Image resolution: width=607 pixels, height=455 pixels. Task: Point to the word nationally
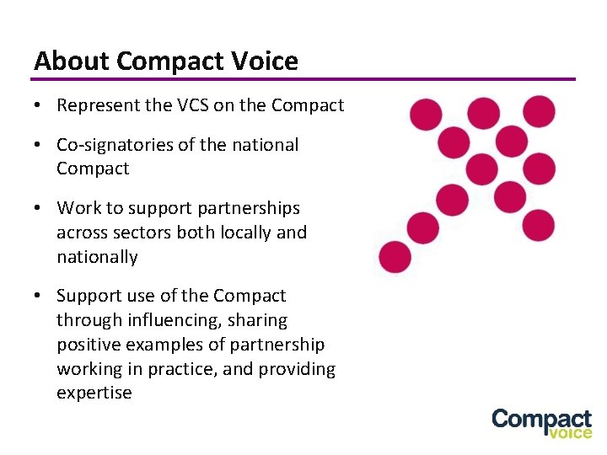96,256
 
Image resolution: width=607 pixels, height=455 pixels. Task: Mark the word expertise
94,393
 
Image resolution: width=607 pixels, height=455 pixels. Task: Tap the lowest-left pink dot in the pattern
394,257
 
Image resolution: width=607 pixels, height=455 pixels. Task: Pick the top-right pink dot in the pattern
540,111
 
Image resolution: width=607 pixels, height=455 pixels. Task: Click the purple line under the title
303,79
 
